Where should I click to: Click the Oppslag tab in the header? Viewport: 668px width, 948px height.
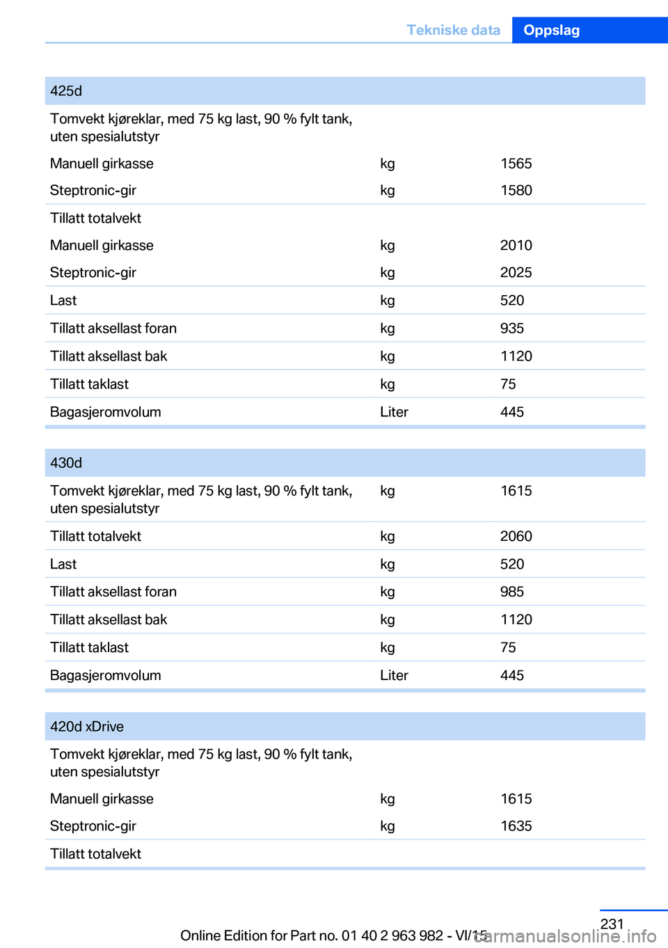point(551,30)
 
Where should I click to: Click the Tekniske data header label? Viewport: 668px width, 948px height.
point(453,30)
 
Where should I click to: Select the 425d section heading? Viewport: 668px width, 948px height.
point(66,91)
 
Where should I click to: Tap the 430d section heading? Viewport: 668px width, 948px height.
point(66,463)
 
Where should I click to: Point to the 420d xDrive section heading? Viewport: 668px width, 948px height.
point(87,727)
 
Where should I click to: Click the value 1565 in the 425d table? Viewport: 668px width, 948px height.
point(516,164)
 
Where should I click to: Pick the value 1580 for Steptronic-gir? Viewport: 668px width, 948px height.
point(516,191)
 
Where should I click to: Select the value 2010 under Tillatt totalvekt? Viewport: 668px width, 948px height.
point(516,246)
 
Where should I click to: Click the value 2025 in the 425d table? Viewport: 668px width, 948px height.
point(516,273)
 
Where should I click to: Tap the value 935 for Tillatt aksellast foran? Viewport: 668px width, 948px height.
point(512,329)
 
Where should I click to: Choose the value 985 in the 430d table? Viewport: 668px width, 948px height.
point(512,592)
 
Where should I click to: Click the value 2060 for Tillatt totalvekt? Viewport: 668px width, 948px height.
point(516,536)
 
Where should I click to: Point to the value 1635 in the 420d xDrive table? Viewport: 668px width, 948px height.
point(516,826)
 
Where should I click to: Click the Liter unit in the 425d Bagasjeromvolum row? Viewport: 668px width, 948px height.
point(394,412)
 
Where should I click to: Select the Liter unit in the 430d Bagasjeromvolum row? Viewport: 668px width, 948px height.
point(394,675)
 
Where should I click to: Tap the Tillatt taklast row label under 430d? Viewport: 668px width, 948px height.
point(89,647)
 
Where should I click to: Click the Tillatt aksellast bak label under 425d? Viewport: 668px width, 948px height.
point(109,356)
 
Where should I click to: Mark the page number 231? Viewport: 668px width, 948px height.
point(612,924)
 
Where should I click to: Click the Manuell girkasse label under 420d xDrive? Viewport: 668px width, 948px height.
point(102,799)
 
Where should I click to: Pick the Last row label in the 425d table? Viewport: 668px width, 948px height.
point(63,301)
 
